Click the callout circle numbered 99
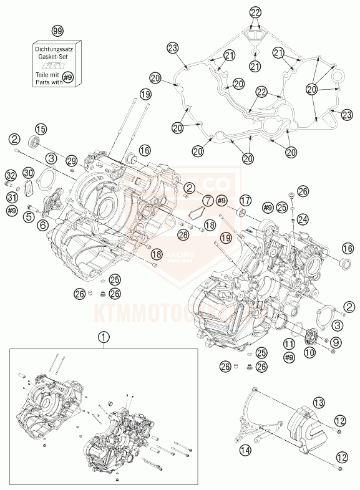click(x=57, y=31)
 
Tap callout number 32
click(x=11, y=175)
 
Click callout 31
click(x=11, y=198)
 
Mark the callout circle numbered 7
click(x=206, y=201)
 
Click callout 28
click(x=182, y=234)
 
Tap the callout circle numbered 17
click(x=245, y=200)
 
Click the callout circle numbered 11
click(x=288, y=343)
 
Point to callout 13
click(x=319, y=402)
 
